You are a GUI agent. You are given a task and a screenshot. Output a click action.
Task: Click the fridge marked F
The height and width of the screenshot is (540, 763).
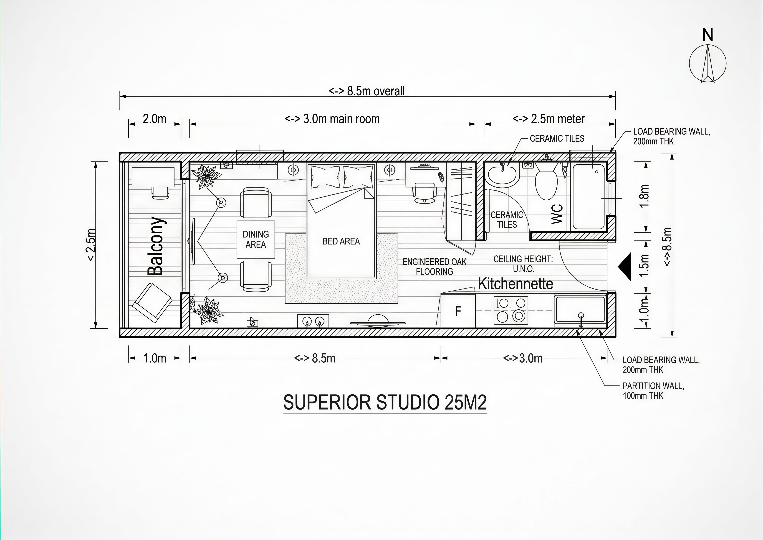(458, 311)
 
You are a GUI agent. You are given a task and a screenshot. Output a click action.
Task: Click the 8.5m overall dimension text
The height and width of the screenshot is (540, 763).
(366, 91)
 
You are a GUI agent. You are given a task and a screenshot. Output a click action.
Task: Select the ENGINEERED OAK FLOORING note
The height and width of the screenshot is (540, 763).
(434, 267)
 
